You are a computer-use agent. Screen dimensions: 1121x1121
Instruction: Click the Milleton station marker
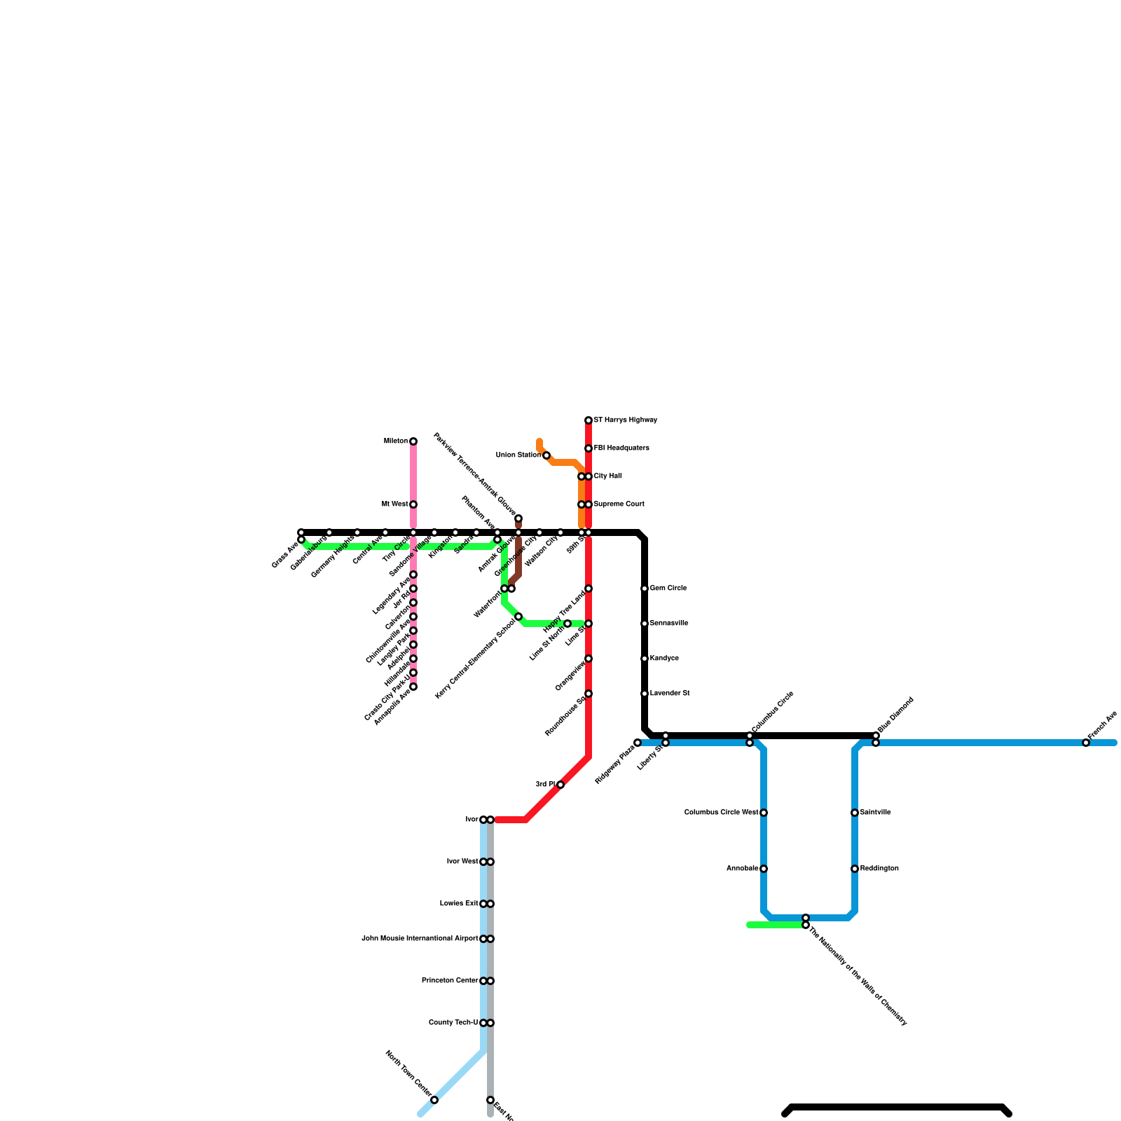coord(413,441)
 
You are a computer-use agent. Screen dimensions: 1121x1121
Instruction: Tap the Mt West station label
coord(394,504)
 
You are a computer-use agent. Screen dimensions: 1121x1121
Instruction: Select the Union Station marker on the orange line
coord(546,455)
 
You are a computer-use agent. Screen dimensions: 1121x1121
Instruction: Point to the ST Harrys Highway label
coord(625,420)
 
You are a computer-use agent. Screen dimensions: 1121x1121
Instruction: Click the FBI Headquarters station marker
coord(589,448)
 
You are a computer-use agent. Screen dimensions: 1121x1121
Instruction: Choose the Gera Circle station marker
coord(645,589)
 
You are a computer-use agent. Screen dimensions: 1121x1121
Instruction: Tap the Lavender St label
coord(669,694)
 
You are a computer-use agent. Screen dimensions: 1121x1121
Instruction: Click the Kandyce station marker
coord(645,659)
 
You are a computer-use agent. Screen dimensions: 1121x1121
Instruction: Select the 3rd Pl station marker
coord(560,785)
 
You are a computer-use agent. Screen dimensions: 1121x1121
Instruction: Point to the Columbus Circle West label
coord(721,813)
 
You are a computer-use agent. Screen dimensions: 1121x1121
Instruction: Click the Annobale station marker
coord(764,869)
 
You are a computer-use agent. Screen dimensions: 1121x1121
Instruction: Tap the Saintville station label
coord(875,813)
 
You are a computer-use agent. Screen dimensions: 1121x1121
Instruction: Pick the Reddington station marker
coord(855,869)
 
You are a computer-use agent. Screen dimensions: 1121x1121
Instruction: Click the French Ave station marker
coord(1086,743)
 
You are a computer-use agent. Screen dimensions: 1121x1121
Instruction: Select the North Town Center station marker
coord(434,1100)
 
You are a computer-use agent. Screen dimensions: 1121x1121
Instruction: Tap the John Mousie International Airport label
coord(420,939)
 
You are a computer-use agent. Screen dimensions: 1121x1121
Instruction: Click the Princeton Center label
coord(450,981)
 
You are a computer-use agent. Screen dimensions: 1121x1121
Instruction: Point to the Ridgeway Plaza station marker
coord(638,743)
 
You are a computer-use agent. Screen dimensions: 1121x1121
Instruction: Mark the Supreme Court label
coord(619,504)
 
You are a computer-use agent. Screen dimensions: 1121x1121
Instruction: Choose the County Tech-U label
coord(453,1023)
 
